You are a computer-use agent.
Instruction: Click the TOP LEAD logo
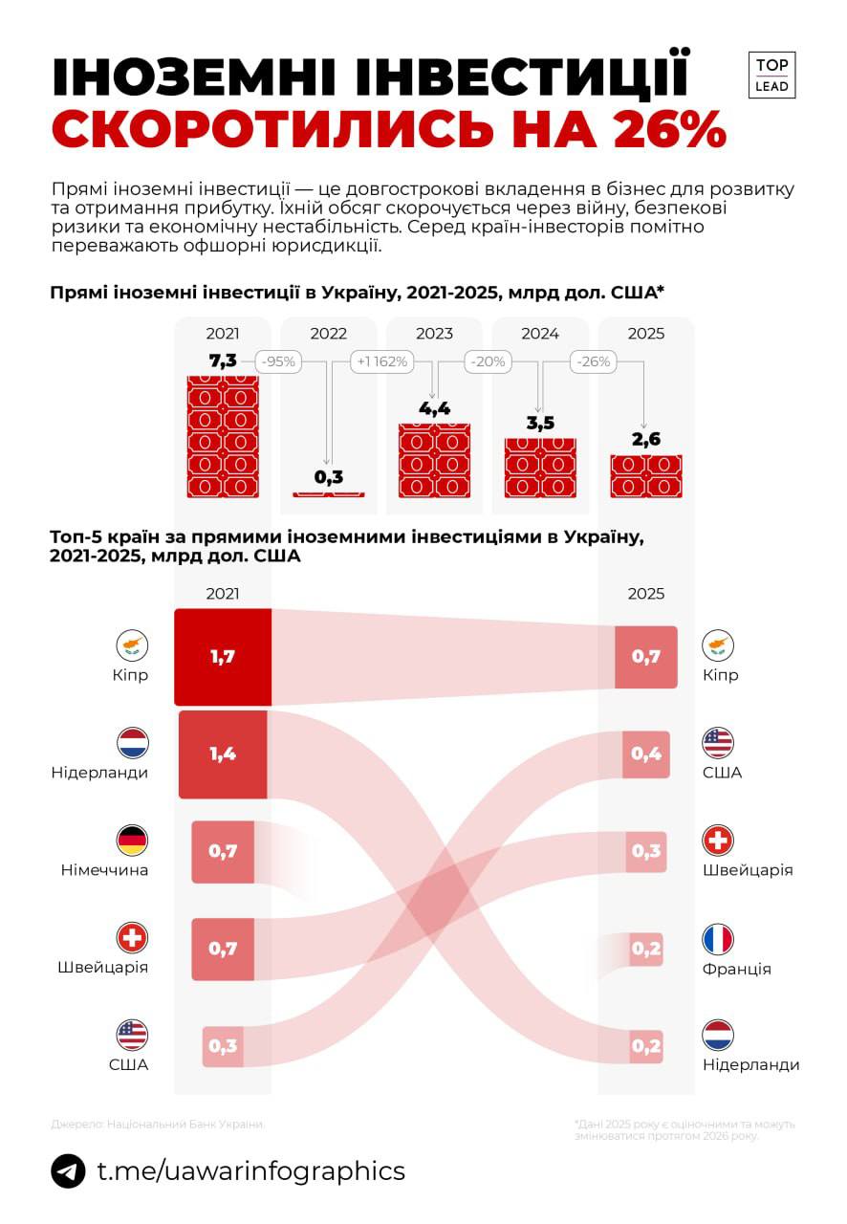[x=771, y=75]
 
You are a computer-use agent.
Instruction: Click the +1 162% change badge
[x=381, y=362]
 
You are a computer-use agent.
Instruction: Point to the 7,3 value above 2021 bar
[x=223, y=361]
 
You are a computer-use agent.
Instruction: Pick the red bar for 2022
[x=328, y=494]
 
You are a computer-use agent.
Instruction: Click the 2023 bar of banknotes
[x=434, y=460]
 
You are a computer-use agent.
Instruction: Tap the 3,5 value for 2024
[x=540, y=423]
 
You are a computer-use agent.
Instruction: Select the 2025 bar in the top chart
[x=646, y=476]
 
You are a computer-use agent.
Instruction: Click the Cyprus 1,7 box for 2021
[x=223, y=657]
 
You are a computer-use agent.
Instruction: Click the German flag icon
[x=132, y=841]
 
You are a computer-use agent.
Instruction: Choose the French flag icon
[x=718, y=939]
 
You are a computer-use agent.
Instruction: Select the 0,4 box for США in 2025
[x=646, y=754]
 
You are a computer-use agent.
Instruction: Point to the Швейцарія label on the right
[x=748, y=870]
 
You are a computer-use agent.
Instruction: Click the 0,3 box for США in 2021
[x=223, y=1046]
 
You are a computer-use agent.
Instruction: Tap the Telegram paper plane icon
[x=68, y=1171]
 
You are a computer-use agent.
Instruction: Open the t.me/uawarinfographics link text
[x=251, y=1171]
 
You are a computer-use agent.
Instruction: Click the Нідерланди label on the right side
[x=750, y=1064]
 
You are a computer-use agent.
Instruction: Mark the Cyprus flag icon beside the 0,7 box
[x=718, y=645]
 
